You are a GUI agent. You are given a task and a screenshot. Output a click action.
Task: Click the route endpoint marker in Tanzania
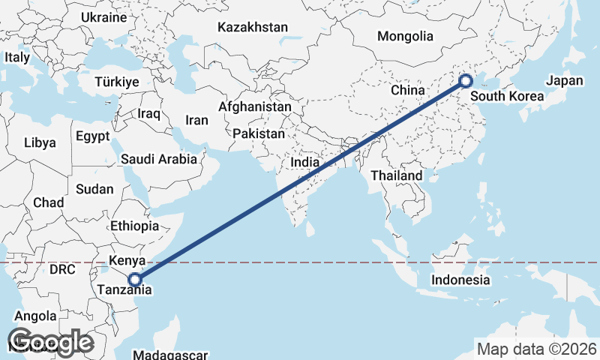(x=134, y=280)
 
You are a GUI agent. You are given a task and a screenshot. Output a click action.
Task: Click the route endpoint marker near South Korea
(x=465, y=81)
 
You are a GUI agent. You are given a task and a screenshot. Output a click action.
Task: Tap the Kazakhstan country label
(x=253, y=27)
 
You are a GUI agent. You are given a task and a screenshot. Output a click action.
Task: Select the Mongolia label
(x=405, y=36)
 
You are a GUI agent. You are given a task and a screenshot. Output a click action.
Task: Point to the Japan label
(x=564, y=81)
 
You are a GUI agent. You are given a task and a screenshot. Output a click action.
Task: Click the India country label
(x=306, y=162)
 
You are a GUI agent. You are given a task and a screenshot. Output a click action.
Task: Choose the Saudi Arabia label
(x=159, y=159)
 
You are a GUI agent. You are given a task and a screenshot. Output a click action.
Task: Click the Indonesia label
(x=460, y=280)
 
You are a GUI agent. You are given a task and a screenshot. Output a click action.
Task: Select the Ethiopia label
(x=134, y=226)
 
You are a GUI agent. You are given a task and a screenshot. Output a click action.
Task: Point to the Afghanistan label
(x=255, y=107)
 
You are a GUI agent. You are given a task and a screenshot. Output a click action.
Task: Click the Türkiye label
(x=118, y=82)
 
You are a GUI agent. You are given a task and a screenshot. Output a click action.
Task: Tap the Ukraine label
(x=104, y=16)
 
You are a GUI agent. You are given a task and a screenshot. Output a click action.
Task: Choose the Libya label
(x=40, y=142)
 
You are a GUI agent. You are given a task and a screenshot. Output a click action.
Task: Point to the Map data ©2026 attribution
(x=537, y=349)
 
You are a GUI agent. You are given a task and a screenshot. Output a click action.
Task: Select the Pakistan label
(x=259, y=133)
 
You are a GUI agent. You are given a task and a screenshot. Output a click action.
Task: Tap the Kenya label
(x=127, y=261)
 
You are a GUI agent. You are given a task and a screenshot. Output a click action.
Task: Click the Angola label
(x=36, y=316)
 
